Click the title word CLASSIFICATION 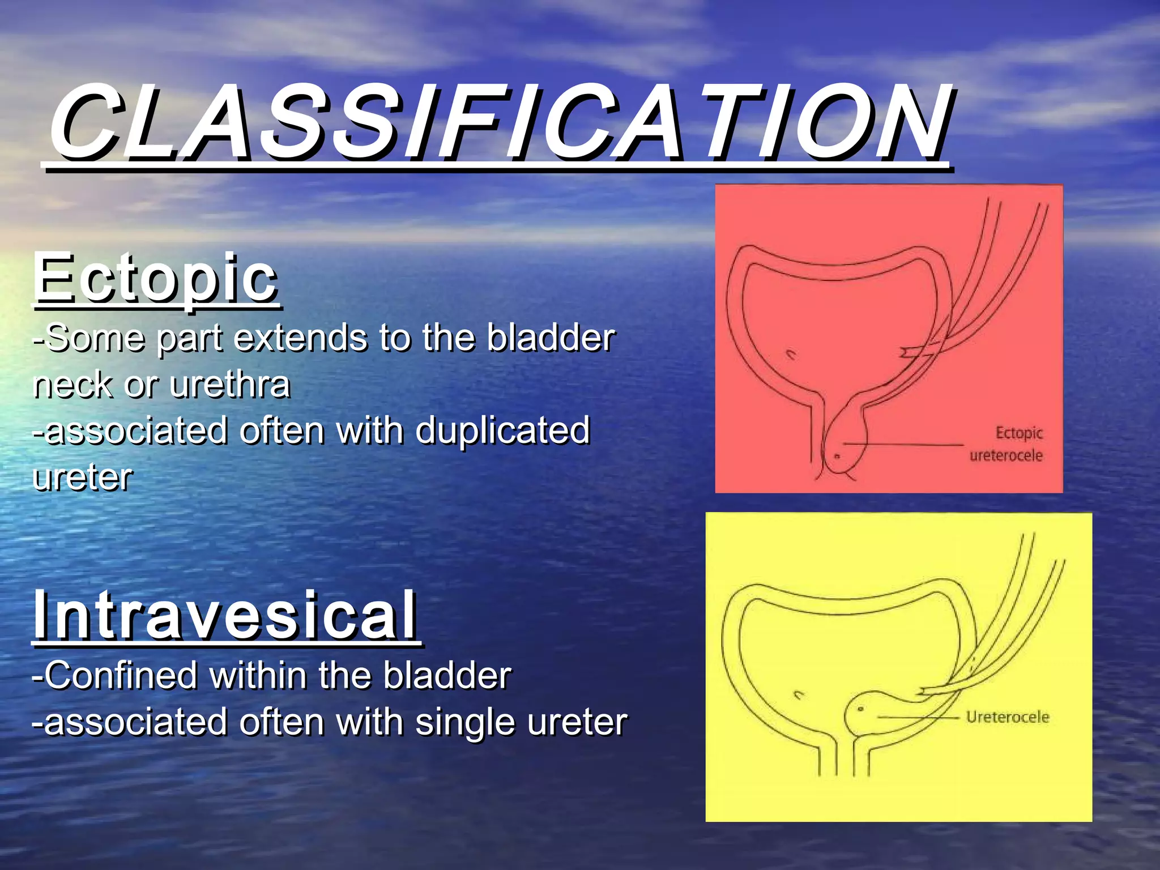click(498, 122)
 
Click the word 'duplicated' click(503, 430)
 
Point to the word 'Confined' click(121, 676)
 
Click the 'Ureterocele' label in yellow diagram click(1007, 717)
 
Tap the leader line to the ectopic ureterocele click(906, 445)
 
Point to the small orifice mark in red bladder click(791, 355)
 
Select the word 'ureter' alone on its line click(83, 477)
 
